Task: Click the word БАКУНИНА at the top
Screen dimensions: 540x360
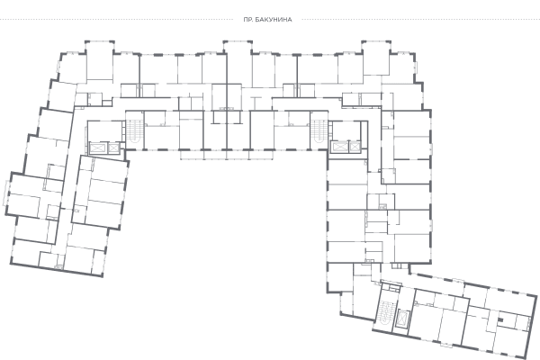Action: click(274, 20)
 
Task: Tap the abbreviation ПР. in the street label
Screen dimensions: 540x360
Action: click(248, 20)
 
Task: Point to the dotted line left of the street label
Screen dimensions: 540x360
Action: click(117, 19)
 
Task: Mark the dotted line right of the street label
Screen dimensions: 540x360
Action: click(421, 19)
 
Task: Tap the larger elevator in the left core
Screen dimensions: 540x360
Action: click(98, 148)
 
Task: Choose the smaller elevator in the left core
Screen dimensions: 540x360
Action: click(113, 148)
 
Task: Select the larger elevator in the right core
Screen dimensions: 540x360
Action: click(339, 148)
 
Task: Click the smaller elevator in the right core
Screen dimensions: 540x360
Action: click(355, 148)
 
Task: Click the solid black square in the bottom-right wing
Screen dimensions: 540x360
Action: click(501, 320)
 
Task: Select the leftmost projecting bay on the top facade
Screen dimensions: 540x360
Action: click(100, 60)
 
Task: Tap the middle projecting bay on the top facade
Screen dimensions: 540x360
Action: click(238, 61)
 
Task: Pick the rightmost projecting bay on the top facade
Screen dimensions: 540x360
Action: click(376, 58)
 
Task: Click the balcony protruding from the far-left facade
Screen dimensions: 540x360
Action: click(6, 193)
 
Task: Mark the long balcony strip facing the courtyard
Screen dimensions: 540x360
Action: click(227, 155)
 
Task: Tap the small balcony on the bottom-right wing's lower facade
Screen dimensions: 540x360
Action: click(446, 345)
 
